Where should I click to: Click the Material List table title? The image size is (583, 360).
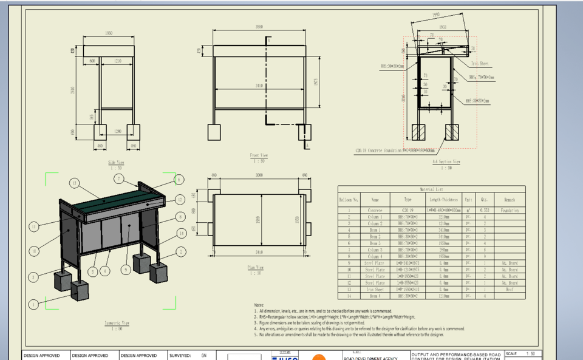[x=431, y=189]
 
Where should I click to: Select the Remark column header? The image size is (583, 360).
[x=509, y=199]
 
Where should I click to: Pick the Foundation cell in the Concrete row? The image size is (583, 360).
[x=509, y=210]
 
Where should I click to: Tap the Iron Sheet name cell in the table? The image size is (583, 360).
[x=375, y=290]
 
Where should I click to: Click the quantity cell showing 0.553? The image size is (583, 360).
[x=485, y=210]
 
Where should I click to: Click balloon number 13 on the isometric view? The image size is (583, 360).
[x=75, y=183]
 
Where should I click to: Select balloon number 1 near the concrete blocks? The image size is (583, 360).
[x=34, y=304]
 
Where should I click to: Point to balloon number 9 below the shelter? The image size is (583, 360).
[x=126, y=270]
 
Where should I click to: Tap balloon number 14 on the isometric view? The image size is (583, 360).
[x=181, y=233]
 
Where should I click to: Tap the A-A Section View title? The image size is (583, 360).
[x=446, y=162]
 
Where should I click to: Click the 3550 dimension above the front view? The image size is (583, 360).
[x=259, y=27]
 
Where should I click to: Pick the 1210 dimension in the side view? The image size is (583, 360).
[x=118, y=61]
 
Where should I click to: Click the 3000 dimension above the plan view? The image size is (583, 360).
[x=259, y=175]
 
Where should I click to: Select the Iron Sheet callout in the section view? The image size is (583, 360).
[x=480, y=63]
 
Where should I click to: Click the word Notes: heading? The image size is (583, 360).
[x=259, y=305]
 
